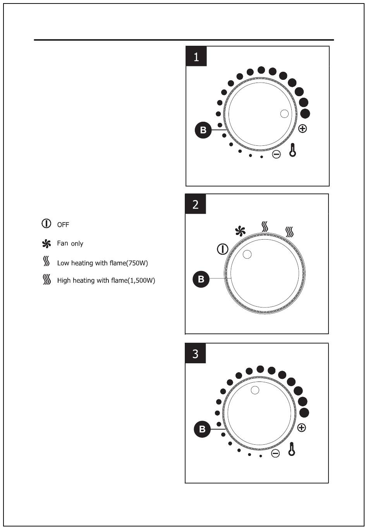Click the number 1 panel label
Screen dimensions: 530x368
pyautogui.click(x=196, y=57)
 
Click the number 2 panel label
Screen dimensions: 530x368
pyautogui.click(x=196, y=204)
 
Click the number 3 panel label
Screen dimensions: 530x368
pyautogui.click(x=196, y=354)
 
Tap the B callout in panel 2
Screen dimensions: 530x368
pyautogui.click(x=201, y=279)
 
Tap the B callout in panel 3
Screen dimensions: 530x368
pyautogui.click(x=202, y=429)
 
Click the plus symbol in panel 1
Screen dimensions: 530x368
pyautogui.click(x=303, y=128)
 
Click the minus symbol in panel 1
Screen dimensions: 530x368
pyautogui.click(x=276, y=154)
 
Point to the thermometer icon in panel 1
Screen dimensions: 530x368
pyautogui.click(x=293, y=150)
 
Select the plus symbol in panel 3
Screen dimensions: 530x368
pyautogui.click(x=301, y=428)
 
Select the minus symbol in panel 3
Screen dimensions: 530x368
pyautogui.click(x=275, y=453)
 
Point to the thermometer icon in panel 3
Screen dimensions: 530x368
pyautogui.click(x=292, y=449)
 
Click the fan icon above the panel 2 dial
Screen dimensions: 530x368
pyautogui.click(x=240, y=231)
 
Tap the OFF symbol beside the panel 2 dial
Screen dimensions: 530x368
pyautogui.click(x=222, y=249)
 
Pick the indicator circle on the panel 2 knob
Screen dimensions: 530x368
pyautogui.click(x=247, y=254)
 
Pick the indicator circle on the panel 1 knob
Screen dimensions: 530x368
pyautogui.click(x=284, y=114)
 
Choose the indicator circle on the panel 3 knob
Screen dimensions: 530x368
pyautogui.click(x=255, y=390)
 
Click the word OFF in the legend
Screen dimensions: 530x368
pyautogui.click(x=63, y=225)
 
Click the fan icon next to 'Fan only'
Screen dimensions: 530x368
pyautogui.click(x=46, y=244)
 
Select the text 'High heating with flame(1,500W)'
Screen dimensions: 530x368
pyautogui.click(x=106, y=280)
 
